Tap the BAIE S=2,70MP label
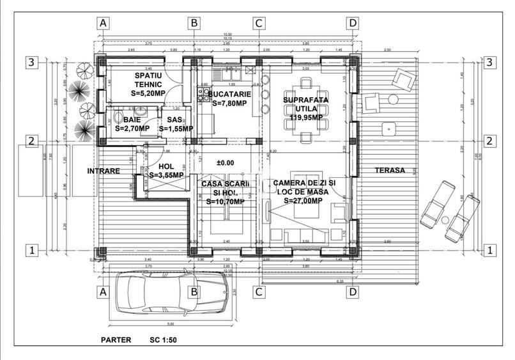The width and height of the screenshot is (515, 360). pyautogui.click(x=132, y=123)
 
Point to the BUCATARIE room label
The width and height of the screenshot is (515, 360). pyautogui.click(x=229, y=98)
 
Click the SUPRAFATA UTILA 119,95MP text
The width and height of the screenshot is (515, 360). pyautogui.click(x=304, y=108)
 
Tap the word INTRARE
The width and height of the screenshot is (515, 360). pyautogui.click(x=104, y=171)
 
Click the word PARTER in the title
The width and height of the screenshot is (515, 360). pyautogui.click(x=116, y=340)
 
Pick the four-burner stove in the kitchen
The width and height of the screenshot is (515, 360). pyautogui.click(x=204, y=99)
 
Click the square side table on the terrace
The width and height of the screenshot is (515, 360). pyautogui.click(x=386, y=128)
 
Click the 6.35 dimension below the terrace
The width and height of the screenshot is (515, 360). pyautogui.click(x=340, y=280)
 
